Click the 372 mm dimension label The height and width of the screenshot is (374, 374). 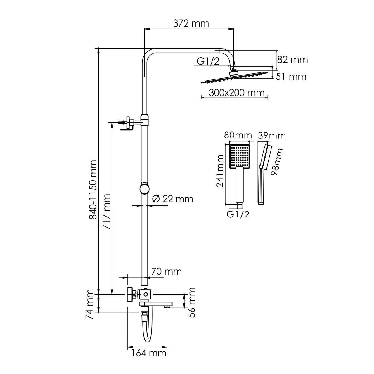tap(191, 23)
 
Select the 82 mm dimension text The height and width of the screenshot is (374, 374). tap(292, 60)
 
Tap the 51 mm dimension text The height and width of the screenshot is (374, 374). tap(292, 77)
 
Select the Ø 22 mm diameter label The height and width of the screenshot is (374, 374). tap(173, 199)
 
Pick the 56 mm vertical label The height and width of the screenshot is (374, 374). tap(192, 302)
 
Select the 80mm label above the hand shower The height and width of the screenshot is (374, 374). tap(238, 136)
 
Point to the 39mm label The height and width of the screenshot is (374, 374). tap(272, 136)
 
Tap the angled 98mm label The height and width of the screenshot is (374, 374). tap(277, 162)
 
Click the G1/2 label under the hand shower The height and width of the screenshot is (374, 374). tap(238, 214)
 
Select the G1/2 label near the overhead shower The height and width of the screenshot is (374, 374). tap(208, 61)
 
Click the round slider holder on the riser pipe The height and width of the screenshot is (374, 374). tap(144, 188)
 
